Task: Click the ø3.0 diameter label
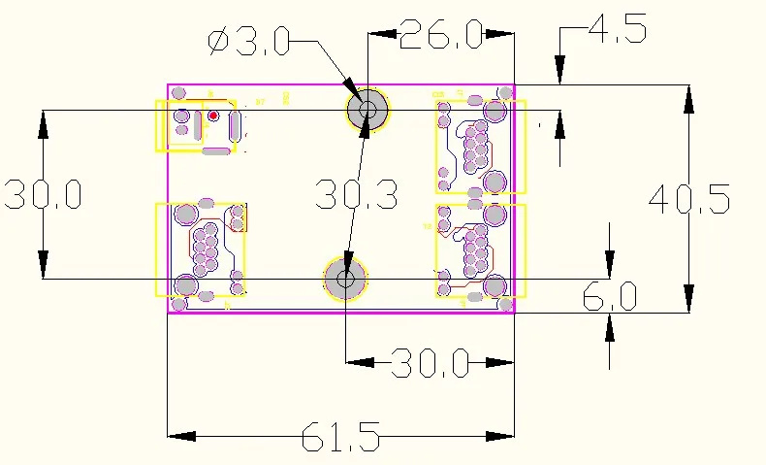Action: [x=248, y=41]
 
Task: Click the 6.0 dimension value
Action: [x=609, y=297]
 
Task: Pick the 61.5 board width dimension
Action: [x=339, y=437]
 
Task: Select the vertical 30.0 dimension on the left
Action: [x=43, y=194]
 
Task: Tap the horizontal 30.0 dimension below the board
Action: [x=430, y=364]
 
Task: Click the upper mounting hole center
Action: [x=367, y=109]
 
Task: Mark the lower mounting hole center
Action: [x=345, y=280]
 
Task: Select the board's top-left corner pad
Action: [x=178, y=93]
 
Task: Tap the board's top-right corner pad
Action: [x=504, y=93]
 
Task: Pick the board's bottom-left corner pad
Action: [x=177, y=305]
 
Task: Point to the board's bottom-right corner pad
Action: [x=504, y=305]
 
